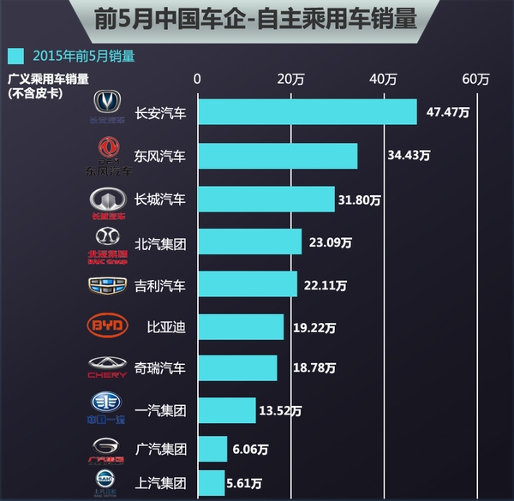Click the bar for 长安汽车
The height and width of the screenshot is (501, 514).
pyautogui.click(x=308, y=112)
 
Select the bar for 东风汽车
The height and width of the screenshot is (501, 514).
pyautogui.click(x=278, y=156)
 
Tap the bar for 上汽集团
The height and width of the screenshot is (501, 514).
pyautogui.click(x=212, y=482)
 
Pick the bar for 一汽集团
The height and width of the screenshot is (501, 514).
pyautogui.click(x=227, y=409)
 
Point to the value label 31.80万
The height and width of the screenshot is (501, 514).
pyautogui.click(x=363, y=200)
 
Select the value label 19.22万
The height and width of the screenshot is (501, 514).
pyautogui.click(x=312, y=326)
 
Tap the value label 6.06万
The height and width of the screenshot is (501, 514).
pyautogui.click(x=251, y=448)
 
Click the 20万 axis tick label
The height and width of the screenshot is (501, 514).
pyautogui.click(x=291, y=80)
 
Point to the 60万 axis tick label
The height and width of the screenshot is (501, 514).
pyautogui.click(x=475, y=80)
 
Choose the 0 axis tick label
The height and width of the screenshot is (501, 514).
pyautogui.click(x=198, y=80)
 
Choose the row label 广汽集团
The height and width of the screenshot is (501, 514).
pyautogui.click(x=160, y=449)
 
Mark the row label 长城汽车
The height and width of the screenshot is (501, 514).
pyautogui.click(x=160, y=200)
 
